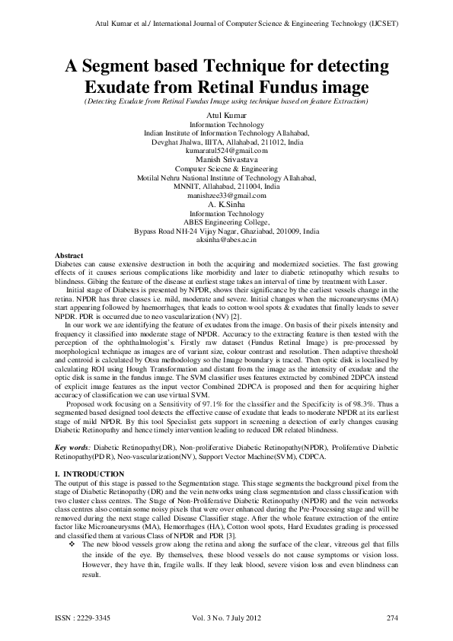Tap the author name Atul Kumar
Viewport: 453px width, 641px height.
(x=226, y=114)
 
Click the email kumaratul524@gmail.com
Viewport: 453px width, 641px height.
(x=226, y=150)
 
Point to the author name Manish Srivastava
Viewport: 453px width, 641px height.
(x=226, y=159)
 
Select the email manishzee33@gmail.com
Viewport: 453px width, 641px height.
(x=226, y=195)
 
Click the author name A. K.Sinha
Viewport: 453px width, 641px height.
(x=226, y=204)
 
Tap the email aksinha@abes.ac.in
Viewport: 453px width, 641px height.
(x=226, y=239)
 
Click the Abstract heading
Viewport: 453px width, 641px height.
(x=70, y=254)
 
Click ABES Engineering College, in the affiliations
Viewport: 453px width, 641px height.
(x=226, y=222)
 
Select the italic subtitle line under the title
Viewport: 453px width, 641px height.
(x=226, y=100)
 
